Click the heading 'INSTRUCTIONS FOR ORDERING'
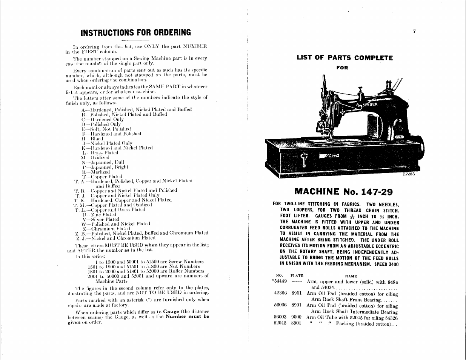point(136,32)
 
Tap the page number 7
point(414,32)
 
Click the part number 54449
point(280,281)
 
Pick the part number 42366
point(280,294)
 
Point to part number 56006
point(280,306)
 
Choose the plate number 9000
point(297,318)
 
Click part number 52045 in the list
point(280,323)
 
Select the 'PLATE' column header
point(297,276)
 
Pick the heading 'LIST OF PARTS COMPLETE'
point(345,58)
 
